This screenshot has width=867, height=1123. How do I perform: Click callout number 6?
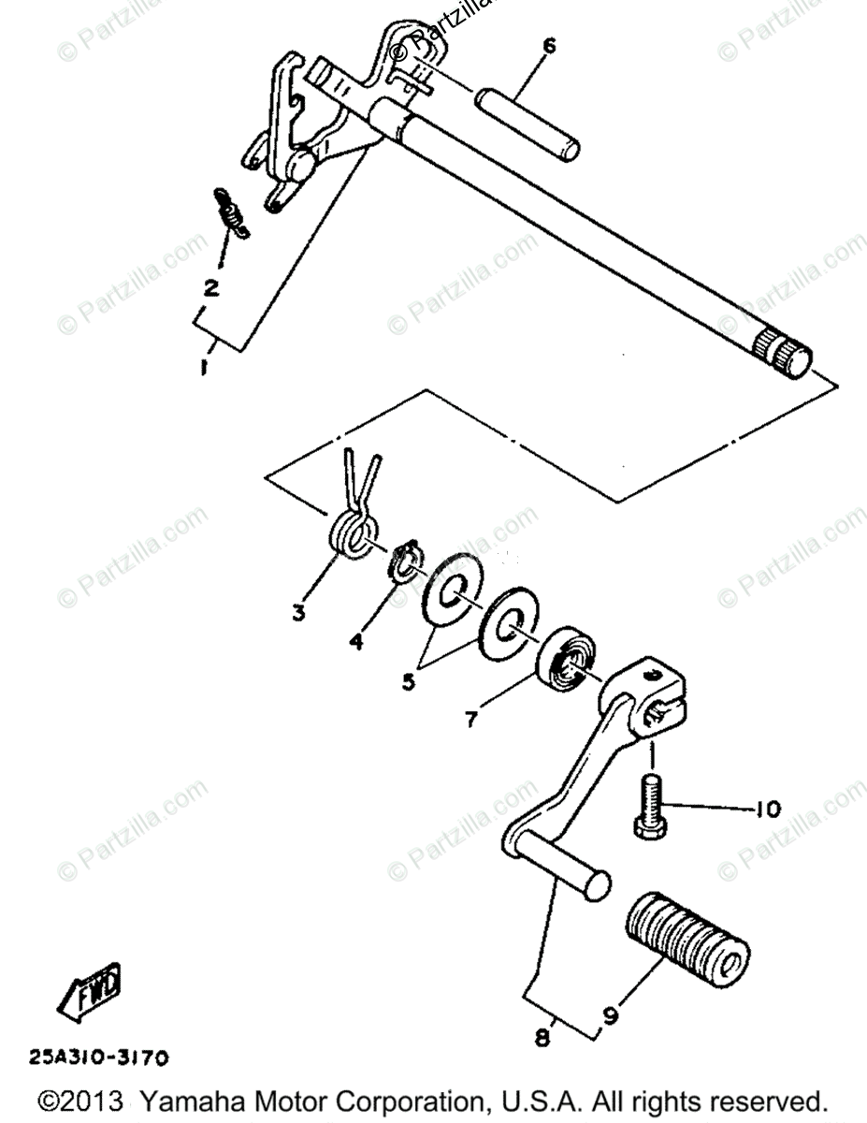[x=549, y=45]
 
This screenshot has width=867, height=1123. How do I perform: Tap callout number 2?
[x=212, y=287]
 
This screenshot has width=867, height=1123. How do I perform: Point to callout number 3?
[x=298, y=614]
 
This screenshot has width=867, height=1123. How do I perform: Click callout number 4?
[x=356, y=642]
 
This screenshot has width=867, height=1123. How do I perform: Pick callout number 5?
[x=410, y=681]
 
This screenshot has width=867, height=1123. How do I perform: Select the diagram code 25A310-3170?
[x=99, y=1058]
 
